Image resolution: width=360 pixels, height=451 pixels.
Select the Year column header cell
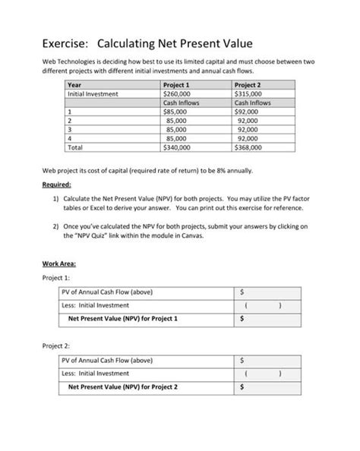click(x=74, y=85)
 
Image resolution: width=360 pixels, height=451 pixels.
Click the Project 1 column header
click(x=177, y=85)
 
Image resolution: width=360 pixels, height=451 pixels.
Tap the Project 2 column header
click(x=248, y=85)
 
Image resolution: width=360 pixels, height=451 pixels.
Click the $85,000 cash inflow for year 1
click(x=176, y=112)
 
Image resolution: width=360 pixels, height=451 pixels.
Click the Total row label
click(x=76, y=147)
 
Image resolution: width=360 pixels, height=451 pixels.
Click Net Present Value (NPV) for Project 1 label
click(x=123, y=319)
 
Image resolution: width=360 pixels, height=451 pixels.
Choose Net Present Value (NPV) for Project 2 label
click(x=123, y=386)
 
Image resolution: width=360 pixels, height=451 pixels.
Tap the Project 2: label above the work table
click(x=56, y=345)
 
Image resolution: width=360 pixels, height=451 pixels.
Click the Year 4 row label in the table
click(x=70, y=138)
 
